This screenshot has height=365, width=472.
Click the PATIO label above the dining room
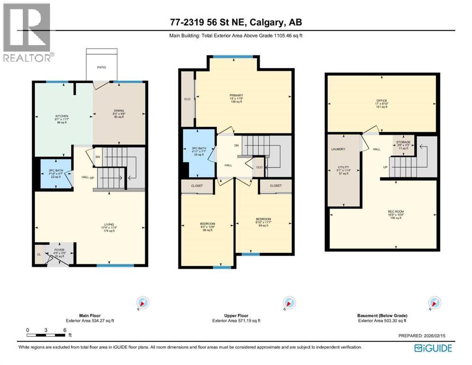pos(102,67)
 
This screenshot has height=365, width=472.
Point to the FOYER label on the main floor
pos(59,249)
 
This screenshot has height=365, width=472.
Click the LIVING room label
pos(110,224)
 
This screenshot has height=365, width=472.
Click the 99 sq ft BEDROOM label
pos(207,224)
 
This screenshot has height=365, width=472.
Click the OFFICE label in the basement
pos(381,100)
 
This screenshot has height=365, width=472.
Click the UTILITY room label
pos(344,167)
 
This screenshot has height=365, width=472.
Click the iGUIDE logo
pos(433,348)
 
